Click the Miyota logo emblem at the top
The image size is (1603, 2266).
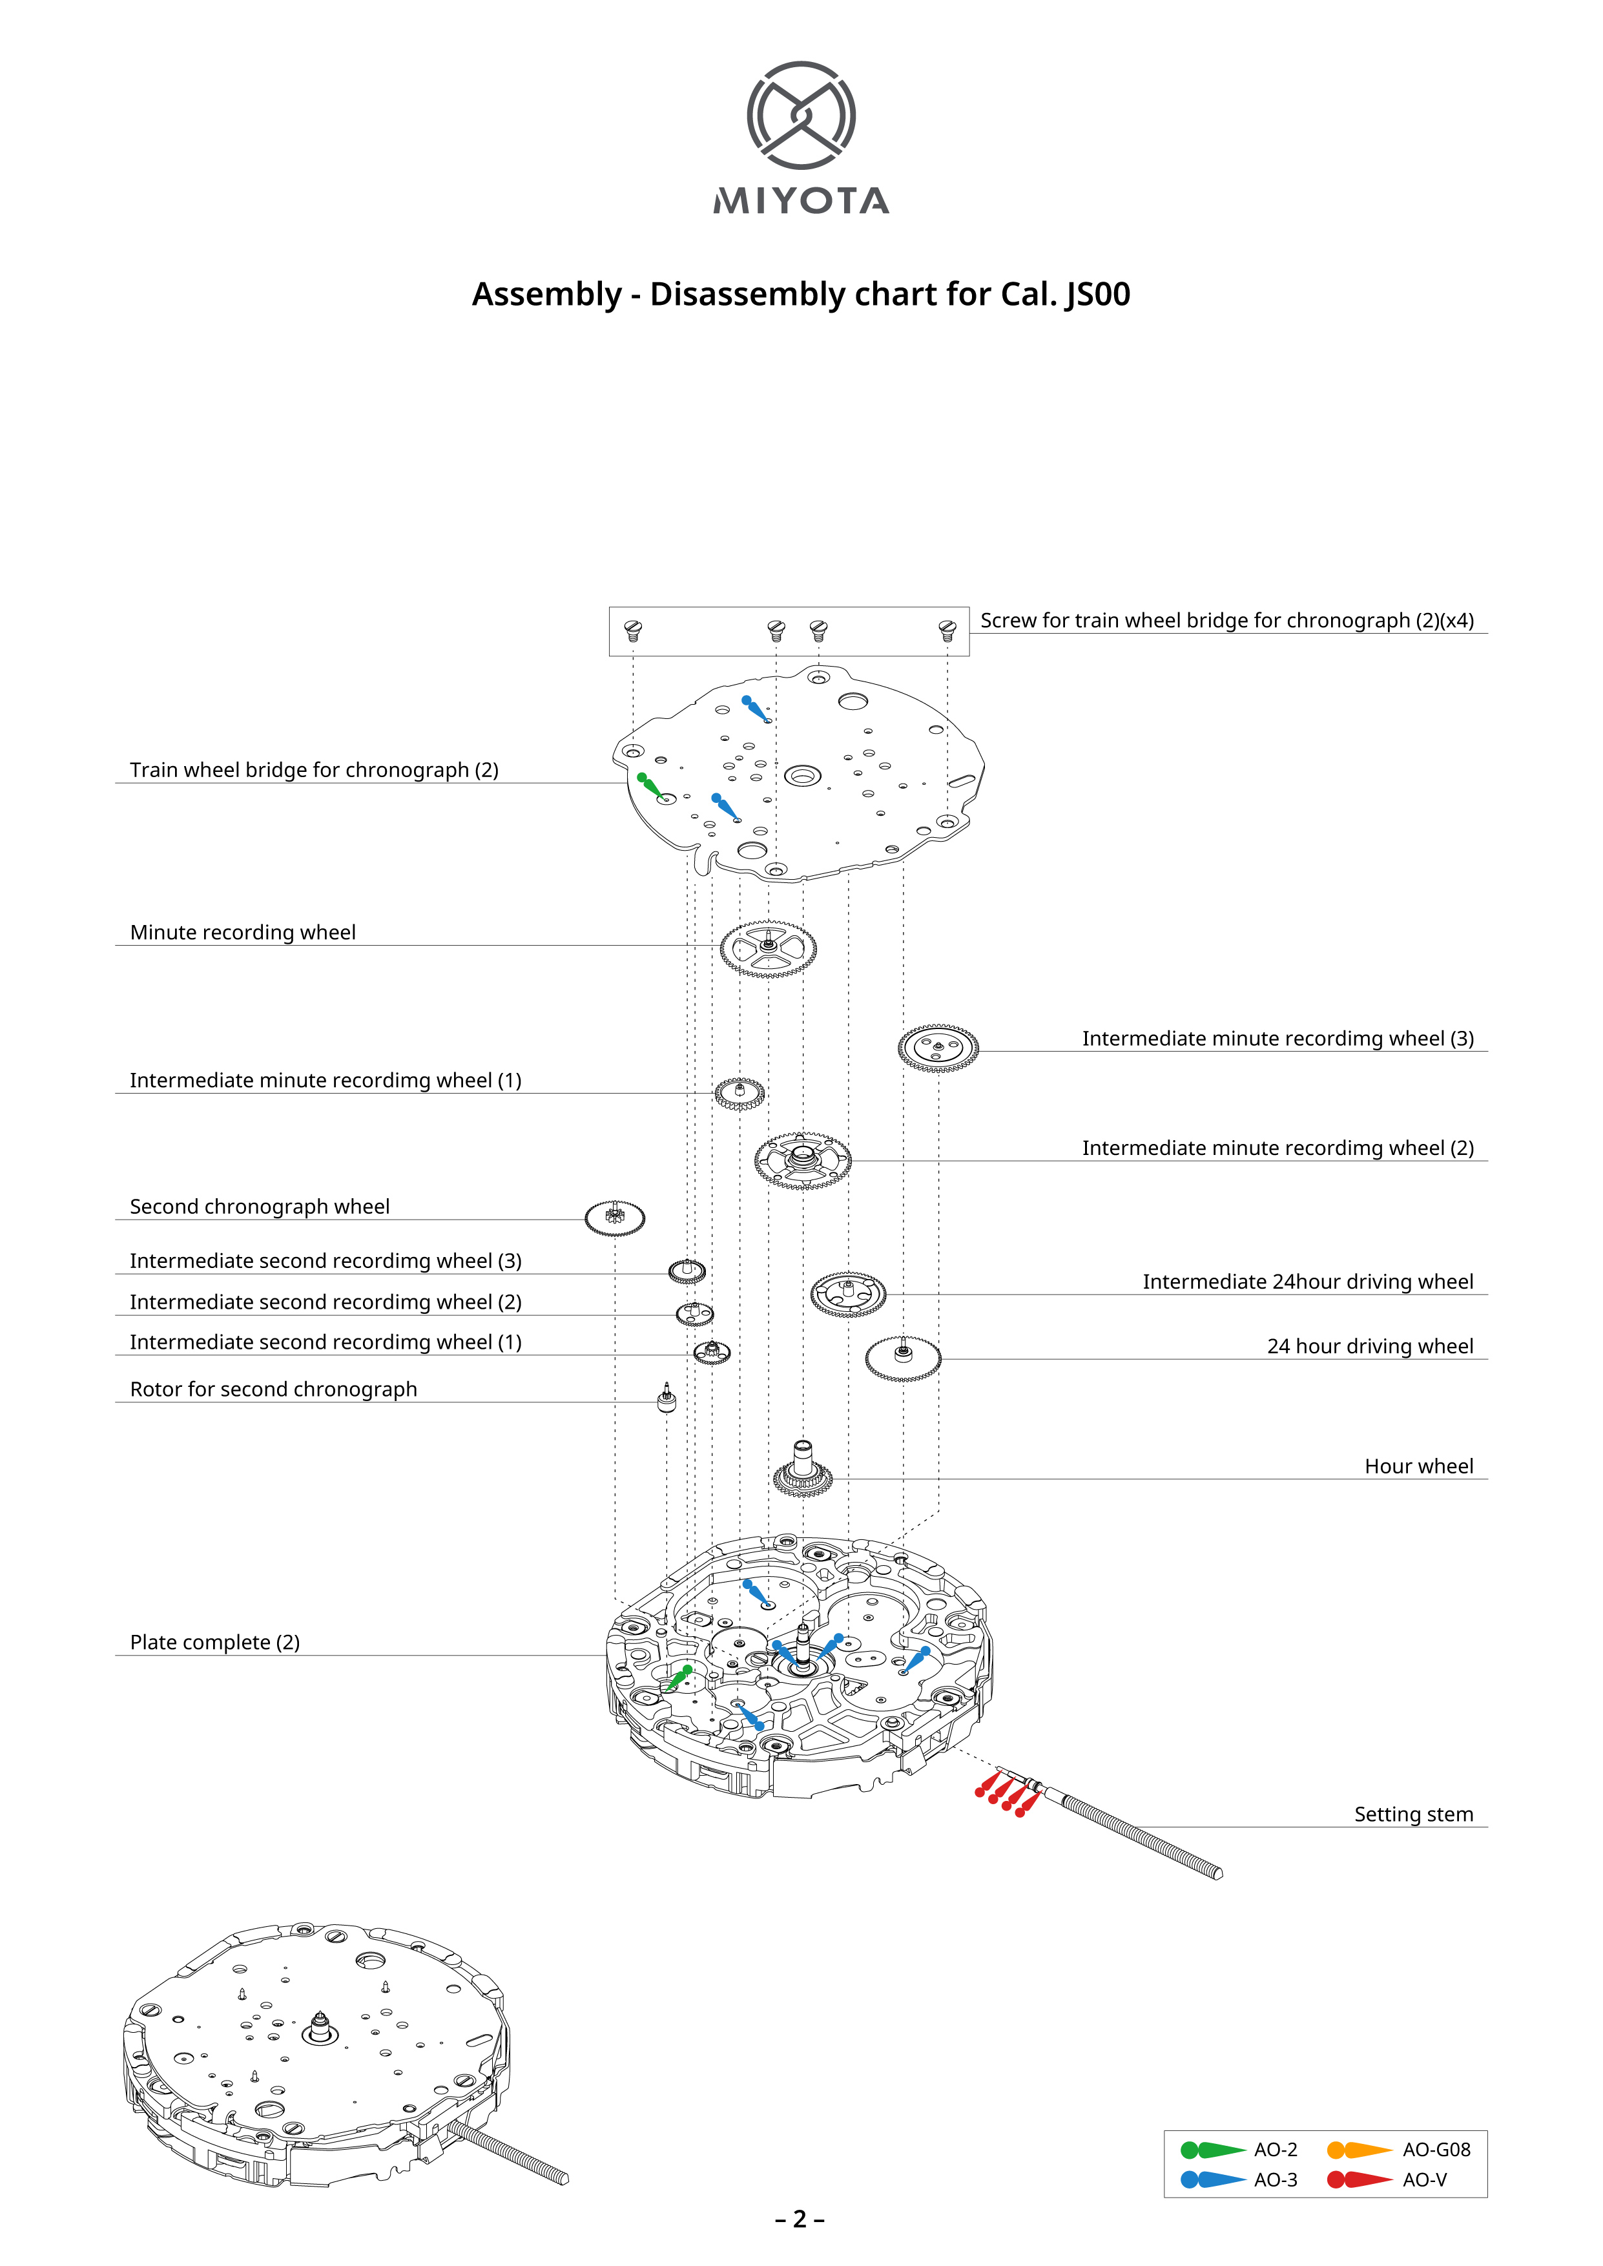(x=800, y=116)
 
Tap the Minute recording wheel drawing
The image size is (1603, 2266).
(x=768, y=948)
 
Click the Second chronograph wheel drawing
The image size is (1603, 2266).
(x=615, y=1218)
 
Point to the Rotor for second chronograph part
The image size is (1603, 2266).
(x=667, y=1397)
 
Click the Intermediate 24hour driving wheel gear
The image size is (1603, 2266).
(x=848, y=1293)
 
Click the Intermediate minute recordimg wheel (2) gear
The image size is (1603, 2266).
(x=803, y=1159)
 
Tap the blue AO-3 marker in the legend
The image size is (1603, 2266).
(x=1212, y=2179)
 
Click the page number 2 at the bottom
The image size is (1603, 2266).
(x=800, y=2219)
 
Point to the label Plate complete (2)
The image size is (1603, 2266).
(x=215, y=1642)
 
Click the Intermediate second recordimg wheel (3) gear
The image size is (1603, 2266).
(x=687, y=1271)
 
